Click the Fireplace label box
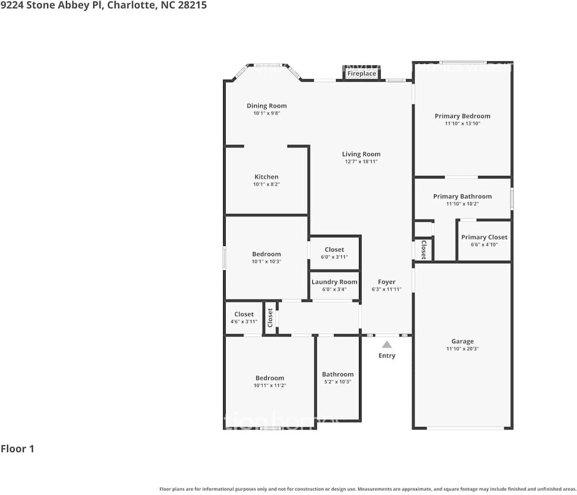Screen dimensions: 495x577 pyautogui.click(x=361, y=74)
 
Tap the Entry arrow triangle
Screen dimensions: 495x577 pyautogui.click(x=387, y=344)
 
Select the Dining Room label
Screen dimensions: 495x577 pyautogui.click(x=267, y=106)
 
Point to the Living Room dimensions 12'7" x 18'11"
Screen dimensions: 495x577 pyautogui.click(x=361, y=162)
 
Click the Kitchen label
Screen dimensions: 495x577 pyautogui.click(x=266, y=177)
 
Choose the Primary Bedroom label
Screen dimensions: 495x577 pyautogui.click(x=462, y=116)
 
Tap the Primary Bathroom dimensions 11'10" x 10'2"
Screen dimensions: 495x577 pyautogui.click(x=462, y=204)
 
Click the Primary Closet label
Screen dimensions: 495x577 pyautogui.click(x=484, y=237)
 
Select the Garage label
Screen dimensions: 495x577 pyautogui.click(x=463, y=341)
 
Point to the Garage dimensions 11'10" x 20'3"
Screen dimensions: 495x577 pyautogui.click(x=463, y=349)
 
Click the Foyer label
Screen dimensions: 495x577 pyautogui.click(x=387, y=282)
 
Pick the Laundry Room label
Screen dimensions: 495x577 pyautogui.click(x=334, y=282)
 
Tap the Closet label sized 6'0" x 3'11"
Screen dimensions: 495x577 pyautogui.click(x=334, y=250)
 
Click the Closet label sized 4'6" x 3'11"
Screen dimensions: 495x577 pyautogui.click(x=244, y=314)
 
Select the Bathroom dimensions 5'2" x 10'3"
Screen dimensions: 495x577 pyautogui.click(x=338, y=382)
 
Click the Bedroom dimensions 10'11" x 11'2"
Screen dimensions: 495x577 pyautogui.click(x=270, y=386)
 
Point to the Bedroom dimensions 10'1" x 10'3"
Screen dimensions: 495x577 pyautogui.click(x=267, y=261)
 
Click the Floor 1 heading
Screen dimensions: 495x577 pyautogui.click(x=18, y=449)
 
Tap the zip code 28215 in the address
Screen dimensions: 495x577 pyautogui.click(x=192, y=6)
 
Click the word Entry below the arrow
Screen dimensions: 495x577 pyautogui.click(x=387, y=356)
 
